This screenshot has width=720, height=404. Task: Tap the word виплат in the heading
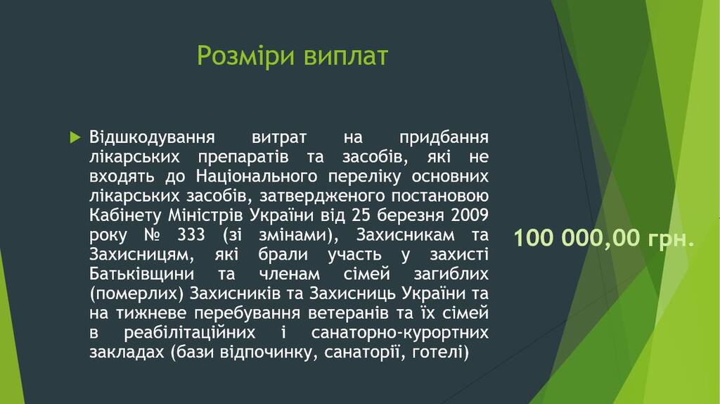click(x=346, y=56)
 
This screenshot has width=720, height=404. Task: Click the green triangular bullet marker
click(x=75, y=137)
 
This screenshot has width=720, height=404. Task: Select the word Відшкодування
click(x=152, y=138)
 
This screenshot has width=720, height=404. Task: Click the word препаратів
click(x=243, y=158)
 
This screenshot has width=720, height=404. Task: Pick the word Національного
click(x=257, y=177)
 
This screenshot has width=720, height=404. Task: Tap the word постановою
click(x=440, y=196)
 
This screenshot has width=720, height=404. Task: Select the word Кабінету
click(x=125, y=215)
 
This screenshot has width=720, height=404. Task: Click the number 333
click(x=191, y=235)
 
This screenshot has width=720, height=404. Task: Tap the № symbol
click(x=153, y=235)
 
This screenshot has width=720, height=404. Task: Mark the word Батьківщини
click(x=141, y=274)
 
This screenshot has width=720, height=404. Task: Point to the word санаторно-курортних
click(x=400, y=333)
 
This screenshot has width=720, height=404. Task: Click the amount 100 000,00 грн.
click(x=604, y=238)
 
